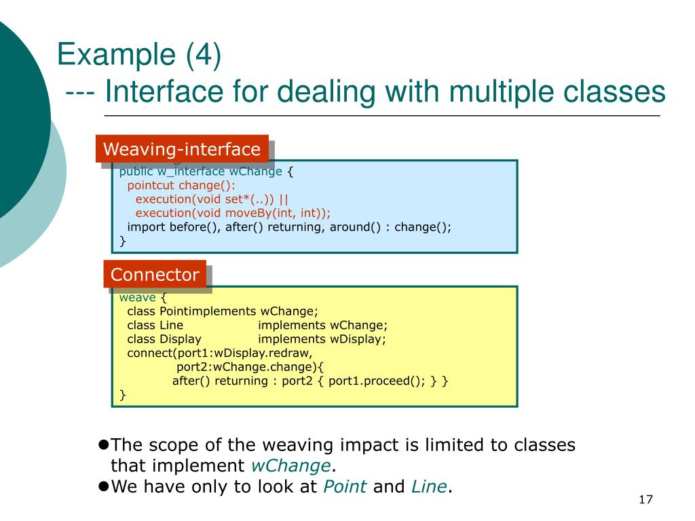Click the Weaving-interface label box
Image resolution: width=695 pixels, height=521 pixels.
pyautogui.click(x=181, y=149)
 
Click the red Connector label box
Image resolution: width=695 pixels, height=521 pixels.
pyautogui.click(x=155, y=275)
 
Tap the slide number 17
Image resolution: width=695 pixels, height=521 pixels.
pyautogui.click(x=645, y=500)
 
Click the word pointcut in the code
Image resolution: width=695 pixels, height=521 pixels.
pyautogui.click(x=151, y=185)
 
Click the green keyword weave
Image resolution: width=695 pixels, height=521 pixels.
pyautogui.click(x=138, y=298)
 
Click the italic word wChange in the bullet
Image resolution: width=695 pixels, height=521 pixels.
pyautogui.click(x=291, y=466)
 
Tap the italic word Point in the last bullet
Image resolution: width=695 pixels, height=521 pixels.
pyautogui.click(x=345, y=486)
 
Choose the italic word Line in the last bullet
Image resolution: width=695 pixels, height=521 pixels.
pyautogui.click(x=429, y=486)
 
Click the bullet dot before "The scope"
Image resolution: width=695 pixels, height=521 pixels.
pyautogui.click(x=104, y=445)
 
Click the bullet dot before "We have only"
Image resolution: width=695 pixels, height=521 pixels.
pyautogui.click(x=104, y=486)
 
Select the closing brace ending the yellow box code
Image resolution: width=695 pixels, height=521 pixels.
pyautogui.click(x=123, y=395)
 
